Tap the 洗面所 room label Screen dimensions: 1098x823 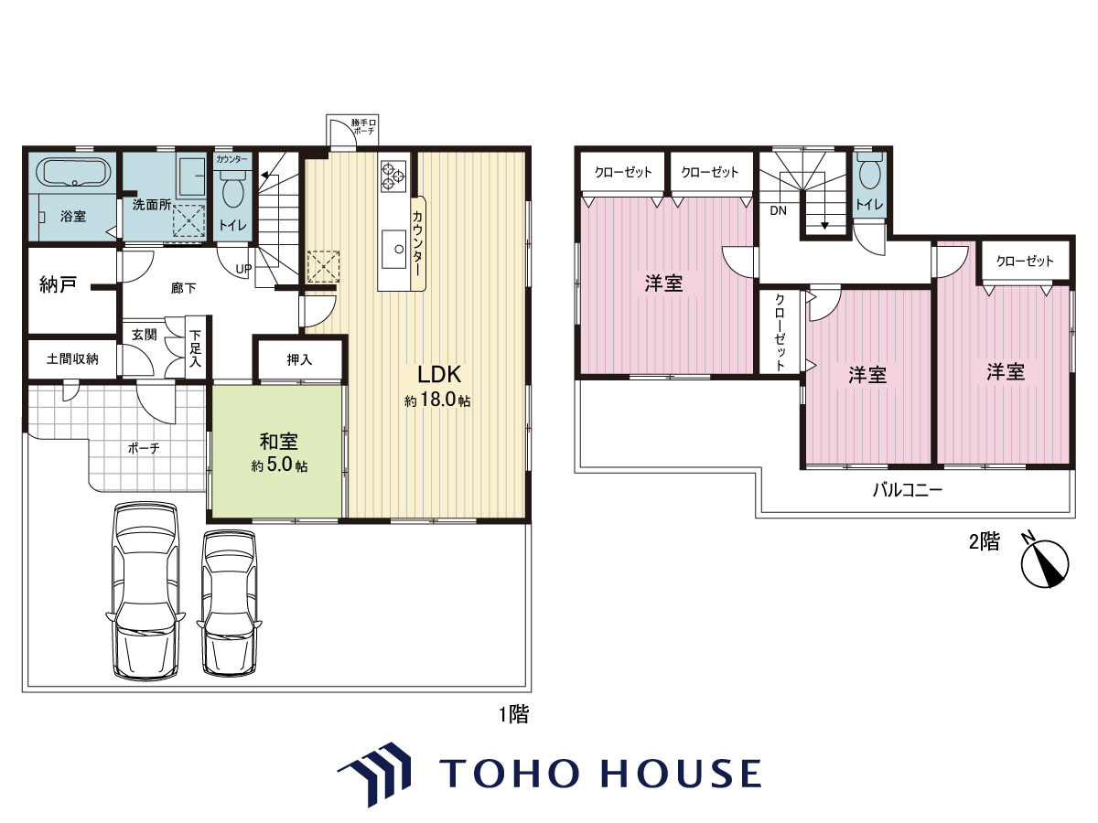click(x=152, y=205)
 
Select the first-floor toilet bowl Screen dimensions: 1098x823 click(x=232, y=189)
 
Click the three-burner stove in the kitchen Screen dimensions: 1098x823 click(x=393, y=176)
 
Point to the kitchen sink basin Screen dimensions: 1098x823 click(x=394, y=249)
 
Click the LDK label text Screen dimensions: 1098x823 click(x=439, y=374)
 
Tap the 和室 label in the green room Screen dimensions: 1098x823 click(x=279, y=442)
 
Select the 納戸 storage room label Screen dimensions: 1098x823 click(x=58, y=284)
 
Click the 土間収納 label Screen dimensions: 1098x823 click(x=72, y=358)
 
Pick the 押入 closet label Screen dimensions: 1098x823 click(x=299, y=359)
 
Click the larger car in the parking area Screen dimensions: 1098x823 click(x=145, y=591)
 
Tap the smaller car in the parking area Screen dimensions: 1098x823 click(x=230, y=604)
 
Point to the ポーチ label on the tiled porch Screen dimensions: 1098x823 click(x=144, y=449)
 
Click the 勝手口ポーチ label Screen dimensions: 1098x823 click(x=363, y=126)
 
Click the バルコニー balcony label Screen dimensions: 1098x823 click(x=908, y=490)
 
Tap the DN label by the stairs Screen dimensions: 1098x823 click(x=778, y=211)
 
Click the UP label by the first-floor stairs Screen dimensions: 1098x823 click(x=243, y=269)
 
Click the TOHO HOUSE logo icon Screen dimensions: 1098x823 click(x=374, y=774)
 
